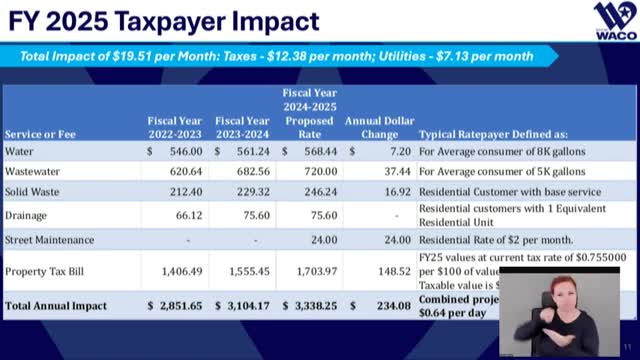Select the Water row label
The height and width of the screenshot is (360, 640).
[x=19, y=151]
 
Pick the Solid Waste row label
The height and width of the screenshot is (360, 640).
[x=32, y=192]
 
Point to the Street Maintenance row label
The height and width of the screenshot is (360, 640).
[x=49, y=240]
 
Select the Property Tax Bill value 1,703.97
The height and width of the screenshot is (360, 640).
[x=312, y=270]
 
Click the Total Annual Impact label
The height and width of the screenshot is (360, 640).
[x=54, y=303]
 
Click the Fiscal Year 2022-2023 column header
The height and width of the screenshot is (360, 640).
[x=175, y=126]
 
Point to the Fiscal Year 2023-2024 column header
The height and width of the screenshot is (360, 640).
[x=243, y=126]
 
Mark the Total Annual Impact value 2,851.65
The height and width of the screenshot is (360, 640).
[x=175, y=303]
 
